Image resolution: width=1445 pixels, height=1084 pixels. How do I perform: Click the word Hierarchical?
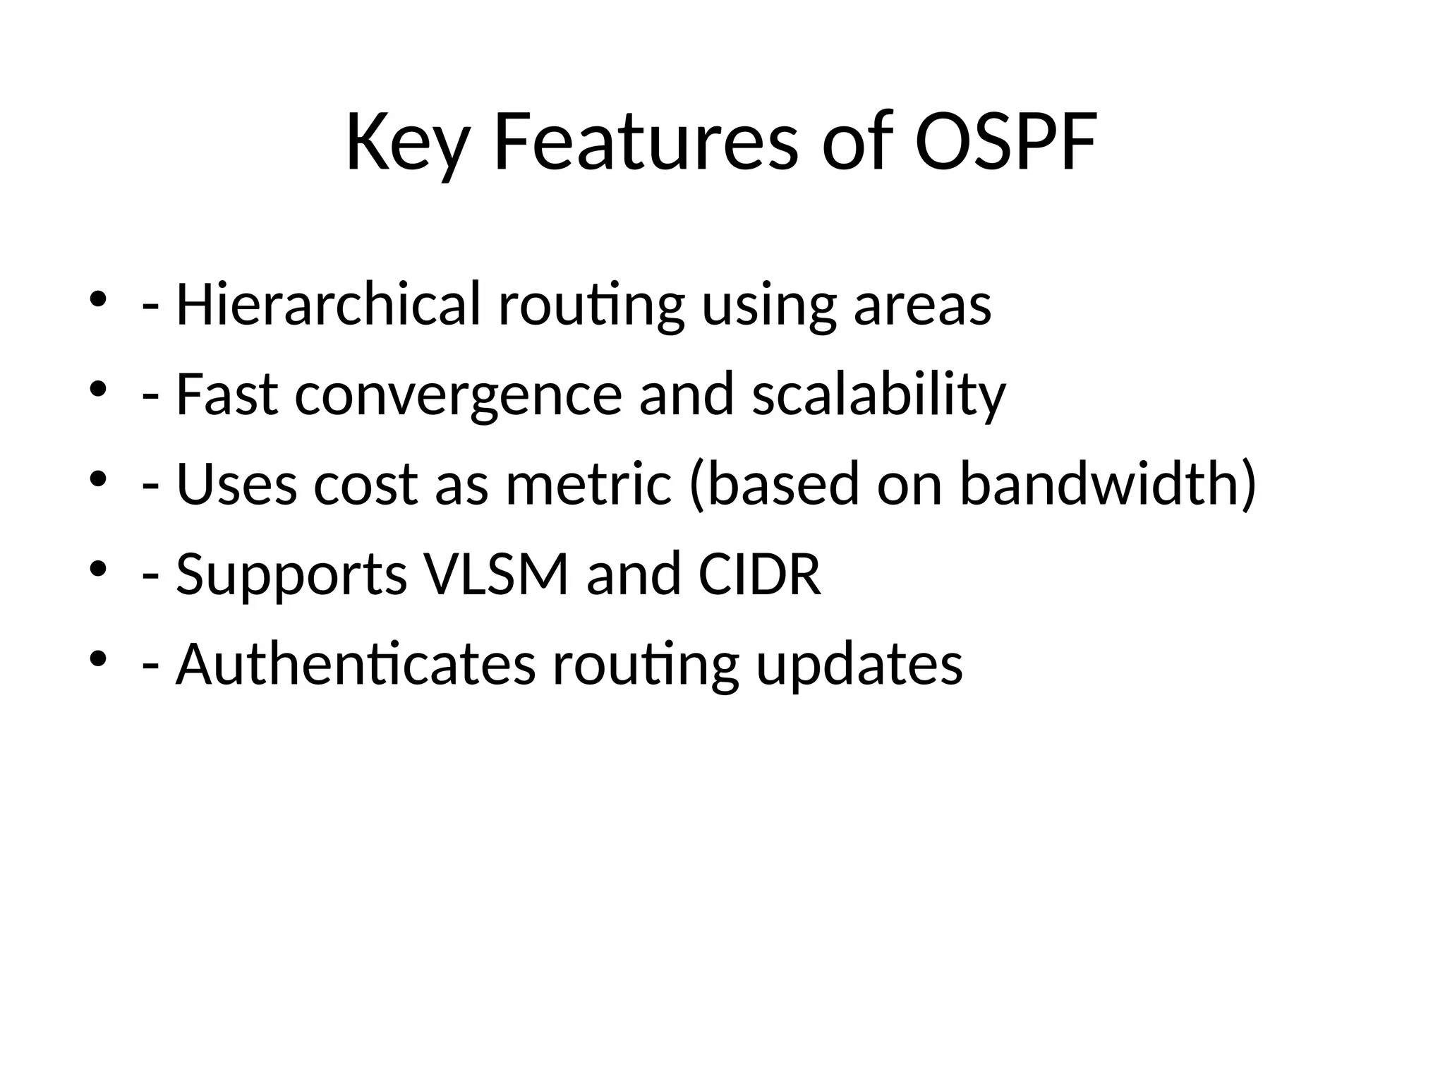click(x=328, y=304)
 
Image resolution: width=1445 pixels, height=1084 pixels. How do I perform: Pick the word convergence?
click(x=458, y=395)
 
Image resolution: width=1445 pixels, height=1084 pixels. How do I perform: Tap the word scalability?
click(x=878, y=395)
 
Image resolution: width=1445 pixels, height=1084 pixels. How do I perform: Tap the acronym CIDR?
click(x=760, y=574)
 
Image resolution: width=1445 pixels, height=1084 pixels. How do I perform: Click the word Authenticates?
click(x=356, y=664)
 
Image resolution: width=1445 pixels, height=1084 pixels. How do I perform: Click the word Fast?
click(x=226, y=395)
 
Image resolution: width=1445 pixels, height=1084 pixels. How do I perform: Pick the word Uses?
click(x=236, y=485)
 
